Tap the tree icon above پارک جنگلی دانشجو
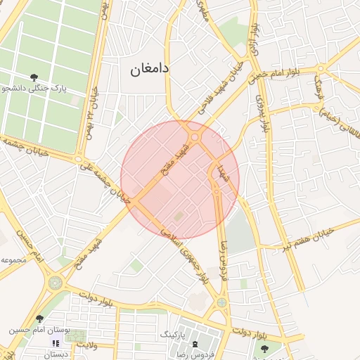(x=34, y=77)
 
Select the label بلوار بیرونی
(x=264, y=112)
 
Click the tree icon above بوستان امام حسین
(x=39, y=319)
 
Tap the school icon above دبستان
(x=55, y=343)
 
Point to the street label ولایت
(x=85, y=345)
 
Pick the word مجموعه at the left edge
(x=15, y=260)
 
